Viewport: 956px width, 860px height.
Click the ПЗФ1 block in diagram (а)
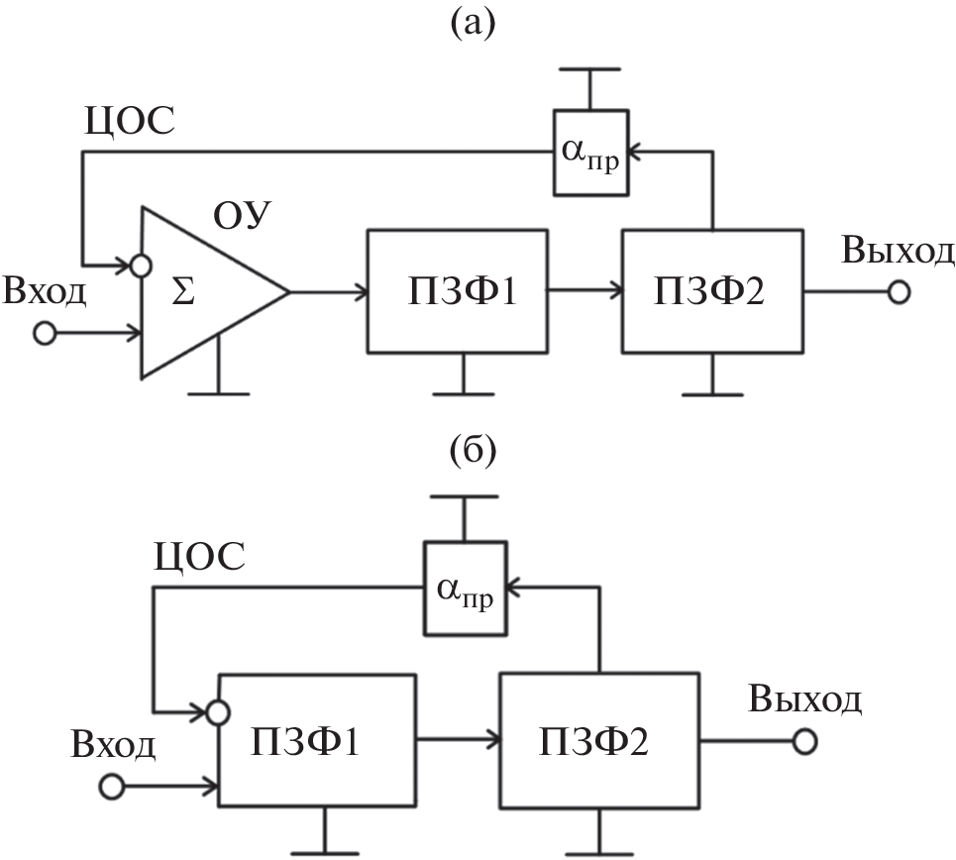tap(457, 292)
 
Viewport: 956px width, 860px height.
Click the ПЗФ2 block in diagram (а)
tap(711, 292)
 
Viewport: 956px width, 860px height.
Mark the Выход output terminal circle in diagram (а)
tap(899, 293)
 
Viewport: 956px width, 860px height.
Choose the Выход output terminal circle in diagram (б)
tap(808, 740)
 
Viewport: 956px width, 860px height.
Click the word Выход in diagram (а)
tap(899, 251)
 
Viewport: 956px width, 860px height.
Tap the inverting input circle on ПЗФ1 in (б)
tap(220, 710)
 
